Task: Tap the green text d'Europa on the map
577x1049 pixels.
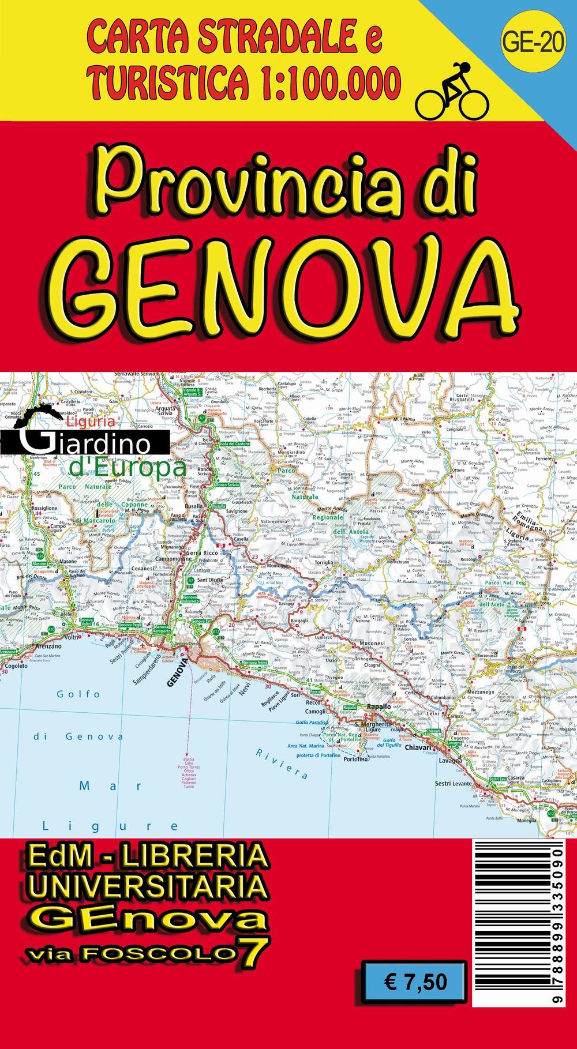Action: click(128, 468)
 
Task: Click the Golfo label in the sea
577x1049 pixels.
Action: click(78, 694)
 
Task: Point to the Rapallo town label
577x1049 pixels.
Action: click(379, 706)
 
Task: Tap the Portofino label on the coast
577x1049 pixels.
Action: click(355, 760)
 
